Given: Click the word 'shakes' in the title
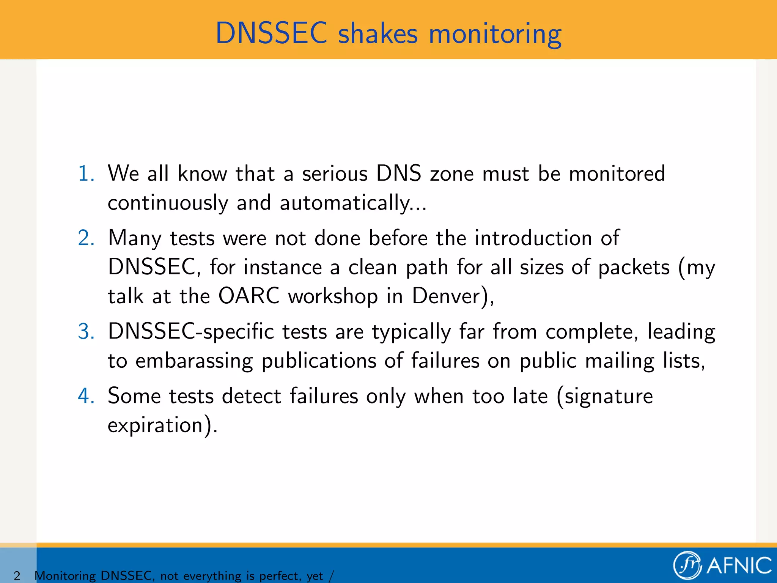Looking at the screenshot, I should pos(377,33).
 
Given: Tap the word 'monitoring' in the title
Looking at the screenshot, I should pos(495,34).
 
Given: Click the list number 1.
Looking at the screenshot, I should pos(86,174).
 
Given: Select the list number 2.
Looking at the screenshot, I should pos(86,238).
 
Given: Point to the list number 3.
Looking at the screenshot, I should pos(86,332).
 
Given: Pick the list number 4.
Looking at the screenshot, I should pos(86,396).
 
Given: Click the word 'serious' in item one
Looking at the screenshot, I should pos(335,174).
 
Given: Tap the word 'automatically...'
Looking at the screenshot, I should pos(353,203).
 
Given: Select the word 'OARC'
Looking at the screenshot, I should pos(249,296).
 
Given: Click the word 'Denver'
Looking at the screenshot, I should pos(446,296).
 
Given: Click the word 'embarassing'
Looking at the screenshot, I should pos(194,361).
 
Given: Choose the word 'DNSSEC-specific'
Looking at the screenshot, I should pos(190,332).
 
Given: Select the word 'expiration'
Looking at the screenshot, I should pos(156,425).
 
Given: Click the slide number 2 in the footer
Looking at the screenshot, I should pos(17,575).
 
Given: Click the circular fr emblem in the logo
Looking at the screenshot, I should pos(687,565).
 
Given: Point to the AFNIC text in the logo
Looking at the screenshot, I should pos(739,566).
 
